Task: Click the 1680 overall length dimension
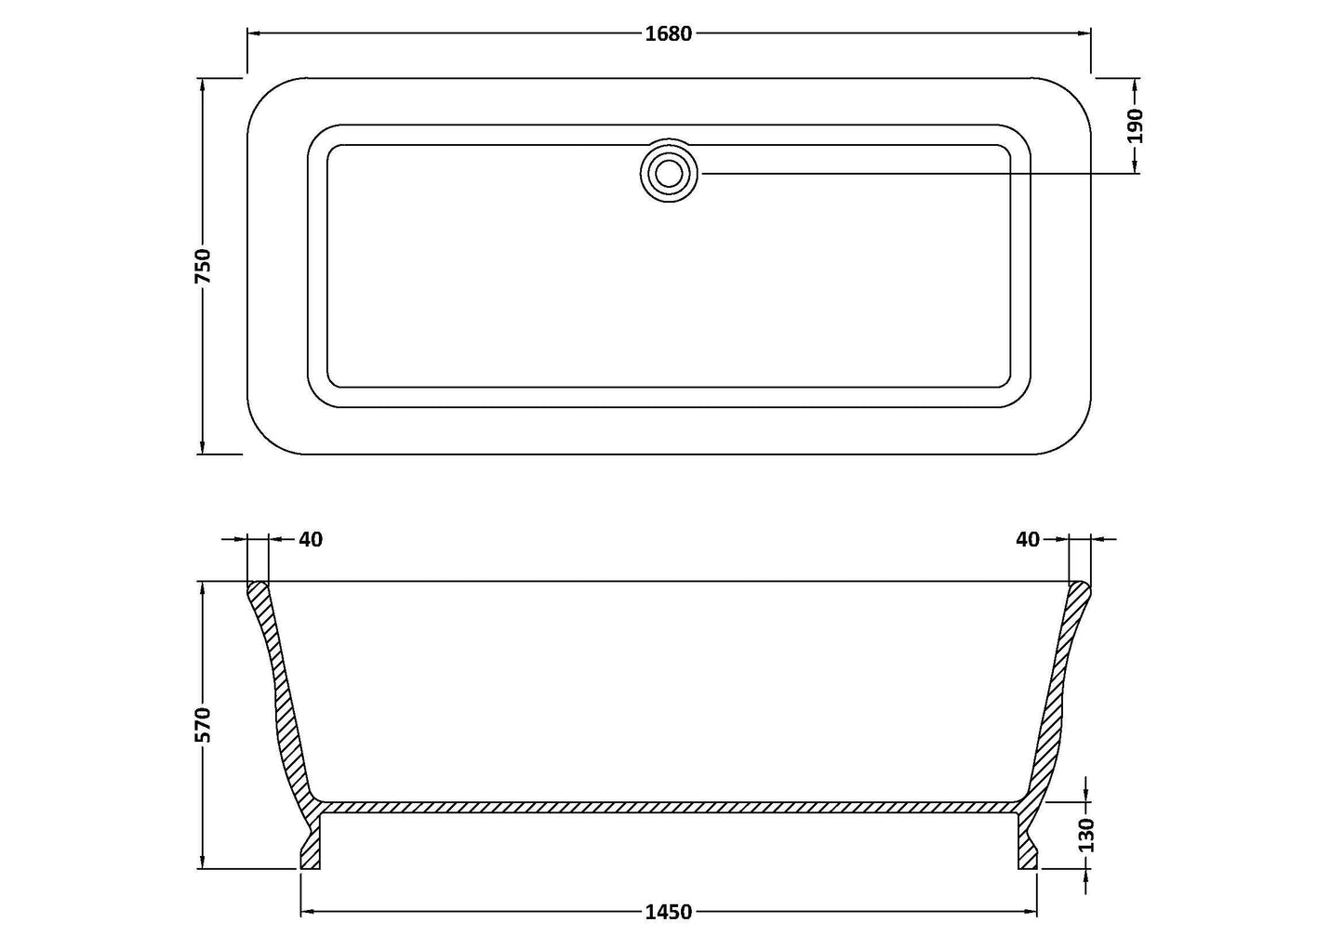[x=668, y=33]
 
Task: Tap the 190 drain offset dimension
[x=1135, y=125]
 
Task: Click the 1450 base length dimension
[x=668, y=912]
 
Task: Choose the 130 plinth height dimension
[x=1087, y=835]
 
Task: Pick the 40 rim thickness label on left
[x=311, y=539]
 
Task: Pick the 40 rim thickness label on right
[x=1027, y=539]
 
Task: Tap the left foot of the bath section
[x=311, y=848]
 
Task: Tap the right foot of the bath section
[x=1027, y=848]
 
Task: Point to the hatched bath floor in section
[x=668, y=808]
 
